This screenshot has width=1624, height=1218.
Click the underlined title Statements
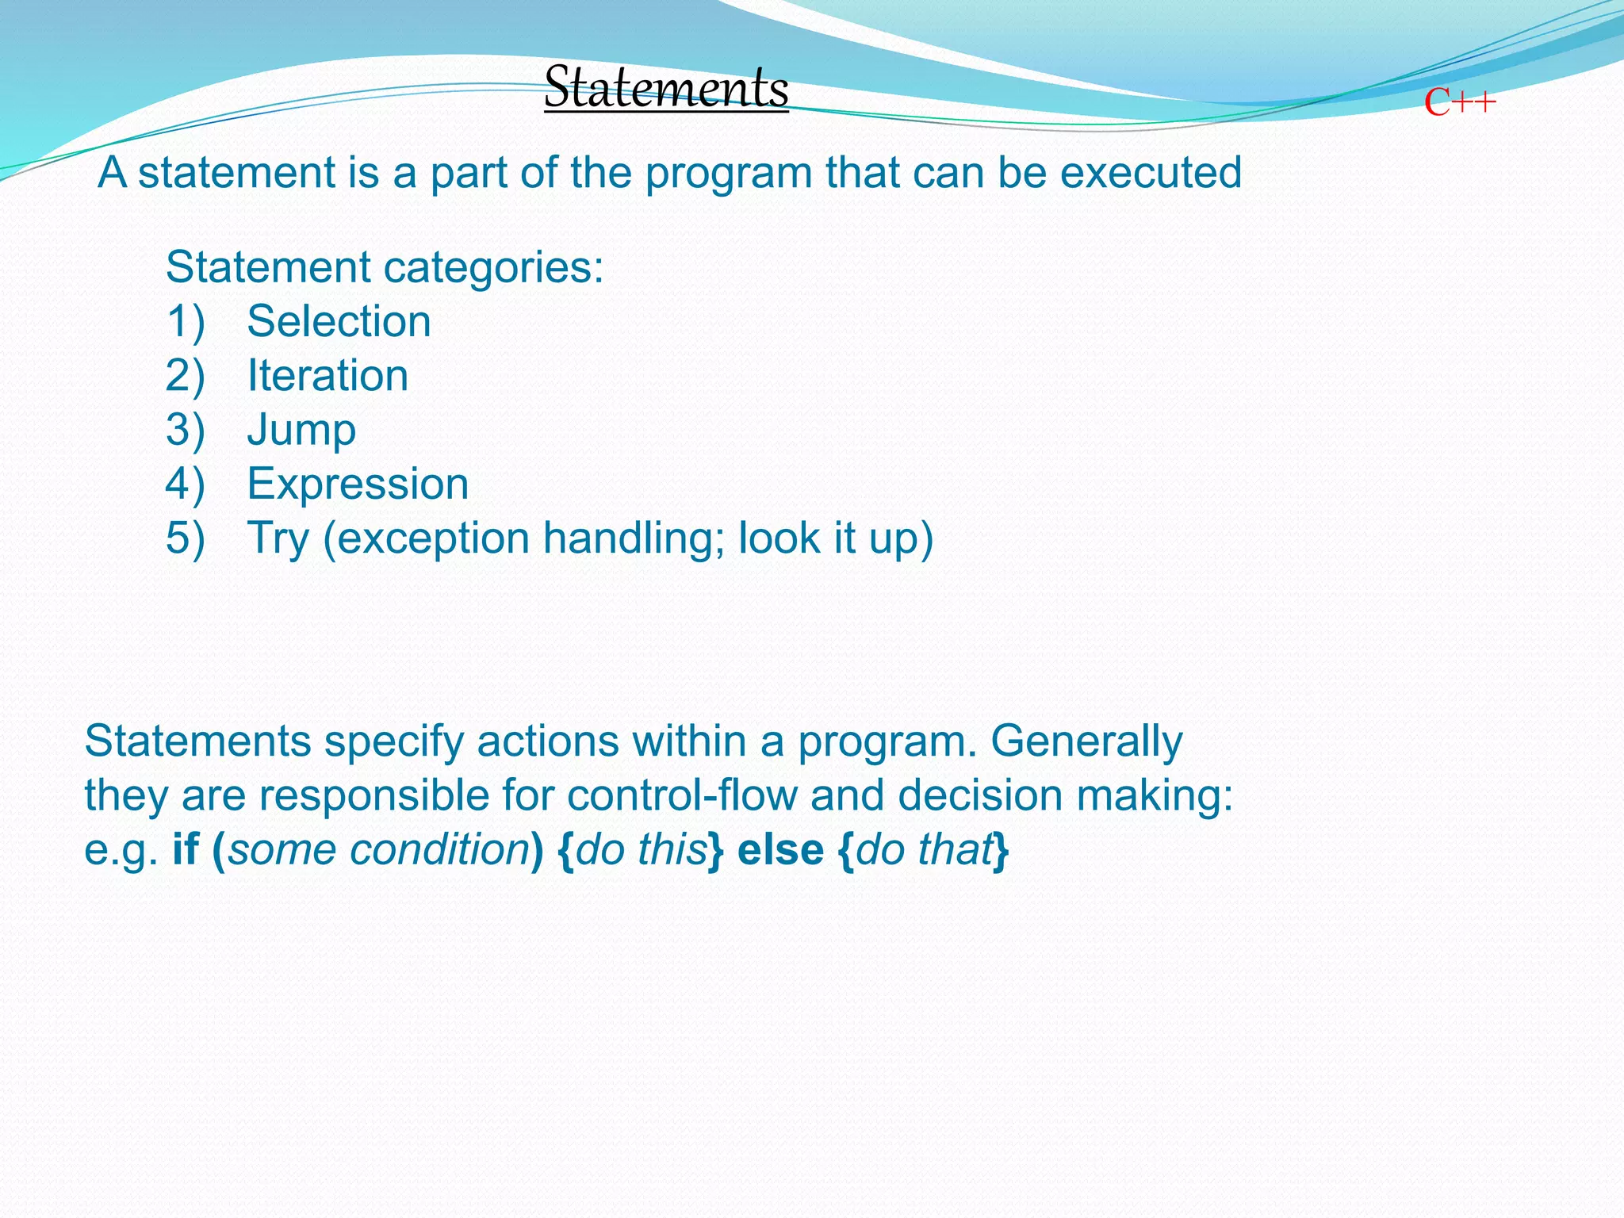pyautogui.click(x=666, y=87)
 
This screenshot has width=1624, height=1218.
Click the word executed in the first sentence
pyautogui.click(x=1151, y=172)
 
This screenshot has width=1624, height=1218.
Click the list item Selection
pyautogui.click(x=339, y=321)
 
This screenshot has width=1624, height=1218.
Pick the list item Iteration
pyautogui.click(x=327, y=375)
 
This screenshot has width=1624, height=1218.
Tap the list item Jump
pyautogui.click(x=301, y=431)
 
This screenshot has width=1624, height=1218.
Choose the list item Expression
pyautogui.click(x=358, y=484)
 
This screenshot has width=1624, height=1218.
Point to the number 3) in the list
pyautogui.click(x=185, y=430)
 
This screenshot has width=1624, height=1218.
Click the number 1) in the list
pyautogui.click(x=185, y=321)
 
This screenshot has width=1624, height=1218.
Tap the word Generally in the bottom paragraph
pyautogui.click(x=1086, y=741)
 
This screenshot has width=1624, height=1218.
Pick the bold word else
pyautogui.click(x=780, y=849)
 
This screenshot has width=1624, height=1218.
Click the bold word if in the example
pyautogui.click(x=185, y=849)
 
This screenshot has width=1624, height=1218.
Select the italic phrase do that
pyautogui.click(x=924, y=849)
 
